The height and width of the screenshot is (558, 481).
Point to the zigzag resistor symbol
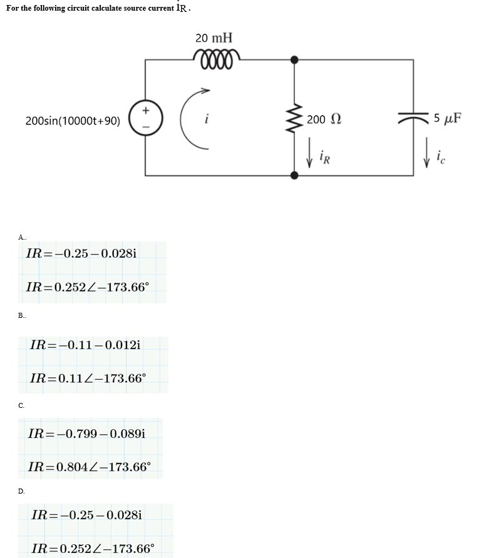coord(294,118)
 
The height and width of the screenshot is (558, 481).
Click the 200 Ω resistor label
coord(324,119)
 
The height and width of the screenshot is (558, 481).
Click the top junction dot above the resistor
coord(294,60)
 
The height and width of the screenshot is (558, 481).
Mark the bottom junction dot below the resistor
coord(294,175)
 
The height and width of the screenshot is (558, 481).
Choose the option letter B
coord(22,317)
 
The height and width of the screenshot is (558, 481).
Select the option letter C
coord(22,405)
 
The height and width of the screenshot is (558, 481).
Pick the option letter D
coord(22,491)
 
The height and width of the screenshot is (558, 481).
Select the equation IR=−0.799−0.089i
coord(87,433)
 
